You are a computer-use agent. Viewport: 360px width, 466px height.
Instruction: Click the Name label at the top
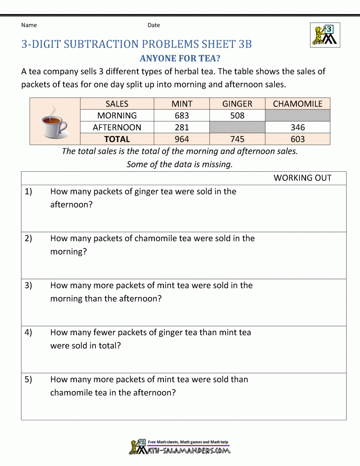[x=29, y=25]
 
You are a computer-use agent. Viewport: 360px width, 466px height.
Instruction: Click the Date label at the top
[x=154, y=25]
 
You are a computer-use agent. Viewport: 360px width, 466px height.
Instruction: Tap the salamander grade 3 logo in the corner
[x=325, y=35]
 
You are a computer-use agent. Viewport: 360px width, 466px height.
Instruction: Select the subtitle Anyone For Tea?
[x=180, y=58]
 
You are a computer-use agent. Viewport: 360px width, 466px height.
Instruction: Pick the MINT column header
[x=182, y=104]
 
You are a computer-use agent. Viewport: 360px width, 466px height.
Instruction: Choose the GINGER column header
[x=237, y=104]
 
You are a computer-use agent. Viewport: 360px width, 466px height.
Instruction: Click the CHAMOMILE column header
[x=297, y=104]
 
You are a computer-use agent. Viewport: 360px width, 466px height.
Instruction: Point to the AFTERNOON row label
[x=117, y=127]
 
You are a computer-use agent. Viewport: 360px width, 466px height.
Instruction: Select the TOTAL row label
[x=117, y=139]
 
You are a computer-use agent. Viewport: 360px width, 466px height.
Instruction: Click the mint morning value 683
[x=182, y=116]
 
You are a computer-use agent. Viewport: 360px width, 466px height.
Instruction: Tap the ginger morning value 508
[x=237, y=116]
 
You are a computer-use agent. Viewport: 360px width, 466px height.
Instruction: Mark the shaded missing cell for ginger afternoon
[x=237, y=127]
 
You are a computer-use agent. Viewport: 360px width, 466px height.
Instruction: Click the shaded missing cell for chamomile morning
[x=297, y=116]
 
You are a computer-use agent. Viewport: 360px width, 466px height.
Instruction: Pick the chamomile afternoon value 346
[x=298, y=127]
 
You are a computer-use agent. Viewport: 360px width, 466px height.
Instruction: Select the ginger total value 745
[x=237, y=139]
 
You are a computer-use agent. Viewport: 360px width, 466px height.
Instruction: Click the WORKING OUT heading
[x=302, y=178]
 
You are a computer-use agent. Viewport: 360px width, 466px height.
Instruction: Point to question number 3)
[x=28, y=286]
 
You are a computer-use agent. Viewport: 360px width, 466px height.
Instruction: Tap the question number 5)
[x=28, y=380]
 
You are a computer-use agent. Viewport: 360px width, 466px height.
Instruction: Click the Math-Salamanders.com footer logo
[x=180, y=447]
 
